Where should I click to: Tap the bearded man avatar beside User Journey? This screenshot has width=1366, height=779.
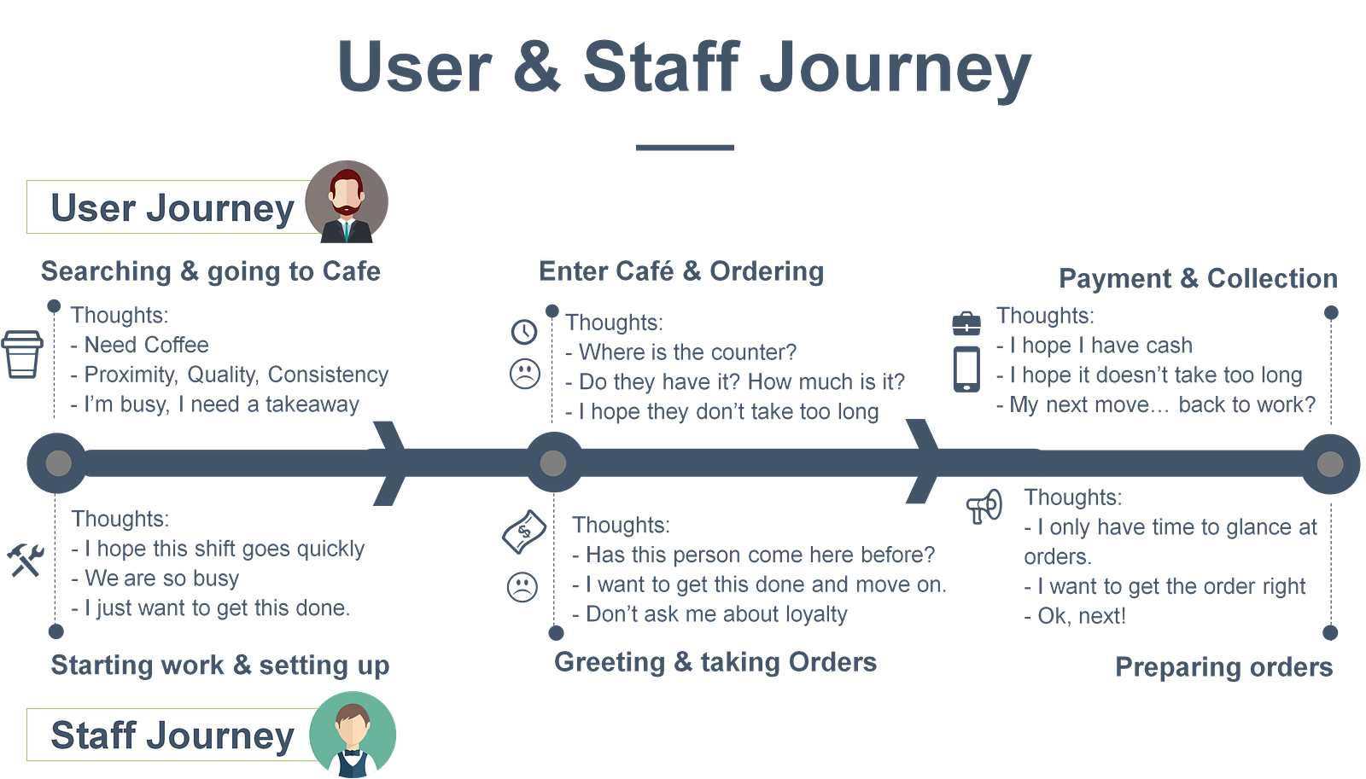tap(347, 201)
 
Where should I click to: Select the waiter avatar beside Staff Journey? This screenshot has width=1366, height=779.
tap(353, 734)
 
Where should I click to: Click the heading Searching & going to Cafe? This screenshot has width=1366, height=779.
tap(210, 271)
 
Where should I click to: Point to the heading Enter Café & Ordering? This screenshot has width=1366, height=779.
tap(681, 271)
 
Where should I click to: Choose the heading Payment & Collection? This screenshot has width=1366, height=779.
tap(1198, 279)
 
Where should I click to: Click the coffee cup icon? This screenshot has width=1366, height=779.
tap(23, 353)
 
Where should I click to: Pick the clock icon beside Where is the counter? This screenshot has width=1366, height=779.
tap(524, 331)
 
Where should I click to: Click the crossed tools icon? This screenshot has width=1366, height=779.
tap(25, 560)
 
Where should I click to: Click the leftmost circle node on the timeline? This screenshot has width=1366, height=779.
tap(57, 463)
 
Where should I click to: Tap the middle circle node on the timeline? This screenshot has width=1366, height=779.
tap(553, 463)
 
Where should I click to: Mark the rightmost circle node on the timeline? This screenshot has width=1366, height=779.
tap(1329, 463)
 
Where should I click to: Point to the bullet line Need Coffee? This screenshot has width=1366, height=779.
tap(141, 346)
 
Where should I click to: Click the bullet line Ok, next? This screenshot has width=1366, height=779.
tap(1076, 616)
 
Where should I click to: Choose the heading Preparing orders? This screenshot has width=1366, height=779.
tap(1223, 667)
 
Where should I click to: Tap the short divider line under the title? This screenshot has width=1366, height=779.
tap(685, 148)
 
